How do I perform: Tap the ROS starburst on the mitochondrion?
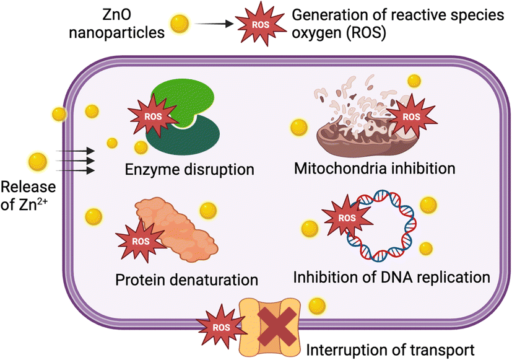408,115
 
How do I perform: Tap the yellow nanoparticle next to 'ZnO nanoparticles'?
180,24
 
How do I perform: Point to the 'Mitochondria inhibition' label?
375,168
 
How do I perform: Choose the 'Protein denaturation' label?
186,279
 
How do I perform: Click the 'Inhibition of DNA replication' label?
392,276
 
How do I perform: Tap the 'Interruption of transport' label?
391,348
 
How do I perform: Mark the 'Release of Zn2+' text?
28,196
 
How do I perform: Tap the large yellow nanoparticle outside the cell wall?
38,162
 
